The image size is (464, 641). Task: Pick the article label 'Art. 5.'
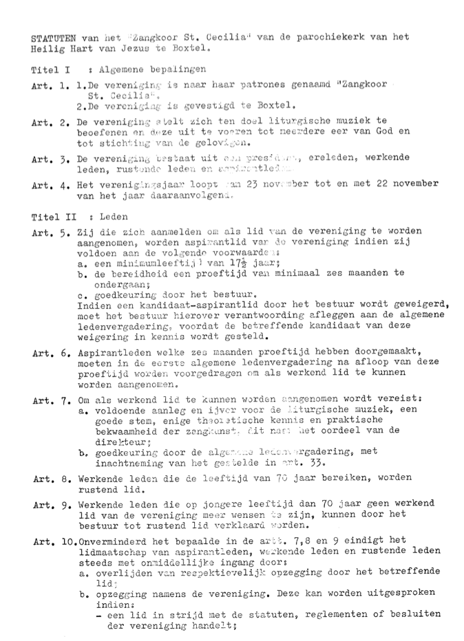point(49,232)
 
